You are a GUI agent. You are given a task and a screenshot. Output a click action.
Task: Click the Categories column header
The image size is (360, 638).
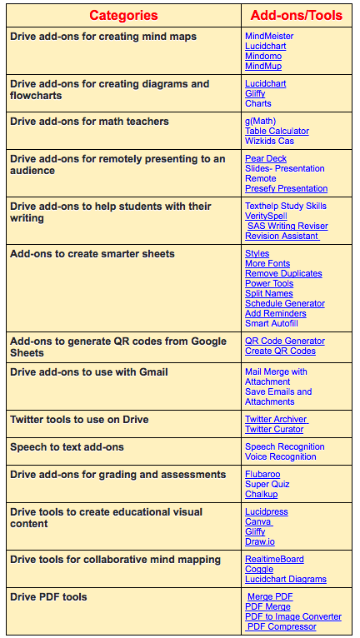coord(123,15)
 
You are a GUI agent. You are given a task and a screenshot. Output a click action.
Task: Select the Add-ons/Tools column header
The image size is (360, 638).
coord(297,15)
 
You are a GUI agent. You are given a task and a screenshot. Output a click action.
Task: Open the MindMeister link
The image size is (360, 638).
coord(269,37)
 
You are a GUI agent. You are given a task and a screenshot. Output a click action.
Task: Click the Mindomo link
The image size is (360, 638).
coord(263,57)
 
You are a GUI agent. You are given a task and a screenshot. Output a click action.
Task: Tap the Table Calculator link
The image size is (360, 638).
coord(277,132)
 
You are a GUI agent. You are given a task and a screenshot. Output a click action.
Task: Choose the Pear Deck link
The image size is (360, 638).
coord(266,158)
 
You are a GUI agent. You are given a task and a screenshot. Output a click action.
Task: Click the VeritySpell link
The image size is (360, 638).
coord(266,217)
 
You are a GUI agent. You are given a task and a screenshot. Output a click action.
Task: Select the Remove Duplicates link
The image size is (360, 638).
coord(283,274)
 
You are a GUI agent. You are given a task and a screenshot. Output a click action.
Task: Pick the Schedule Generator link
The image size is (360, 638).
coord(285,304)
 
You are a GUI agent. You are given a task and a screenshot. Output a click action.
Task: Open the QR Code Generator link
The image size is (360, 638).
coord(285,341)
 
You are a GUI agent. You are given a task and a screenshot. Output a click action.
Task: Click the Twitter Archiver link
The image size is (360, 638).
coord(276,420)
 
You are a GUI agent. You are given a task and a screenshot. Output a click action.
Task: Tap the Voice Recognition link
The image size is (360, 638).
coord(281,457)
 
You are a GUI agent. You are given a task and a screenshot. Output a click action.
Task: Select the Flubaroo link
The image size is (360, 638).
coord(262,475)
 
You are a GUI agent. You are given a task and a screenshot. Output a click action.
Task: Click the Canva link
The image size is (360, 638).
coord(258,522)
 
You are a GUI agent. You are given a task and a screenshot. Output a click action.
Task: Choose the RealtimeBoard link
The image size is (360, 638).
coord(274,560)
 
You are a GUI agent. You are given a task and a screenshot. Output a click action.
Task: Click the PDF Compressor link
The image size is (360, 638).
coord(282,626)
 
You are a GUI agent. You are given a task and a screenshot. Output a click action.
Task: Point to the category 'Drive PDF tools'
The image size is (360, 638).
coord(48,597)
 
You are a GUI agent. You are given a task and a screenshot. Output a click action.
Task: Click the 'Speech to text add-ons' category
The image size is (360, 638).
coord(67,447)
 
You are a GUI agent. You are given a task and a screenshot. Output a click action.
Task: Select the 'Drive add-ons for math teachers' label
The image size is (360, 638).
coord(89,122)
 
